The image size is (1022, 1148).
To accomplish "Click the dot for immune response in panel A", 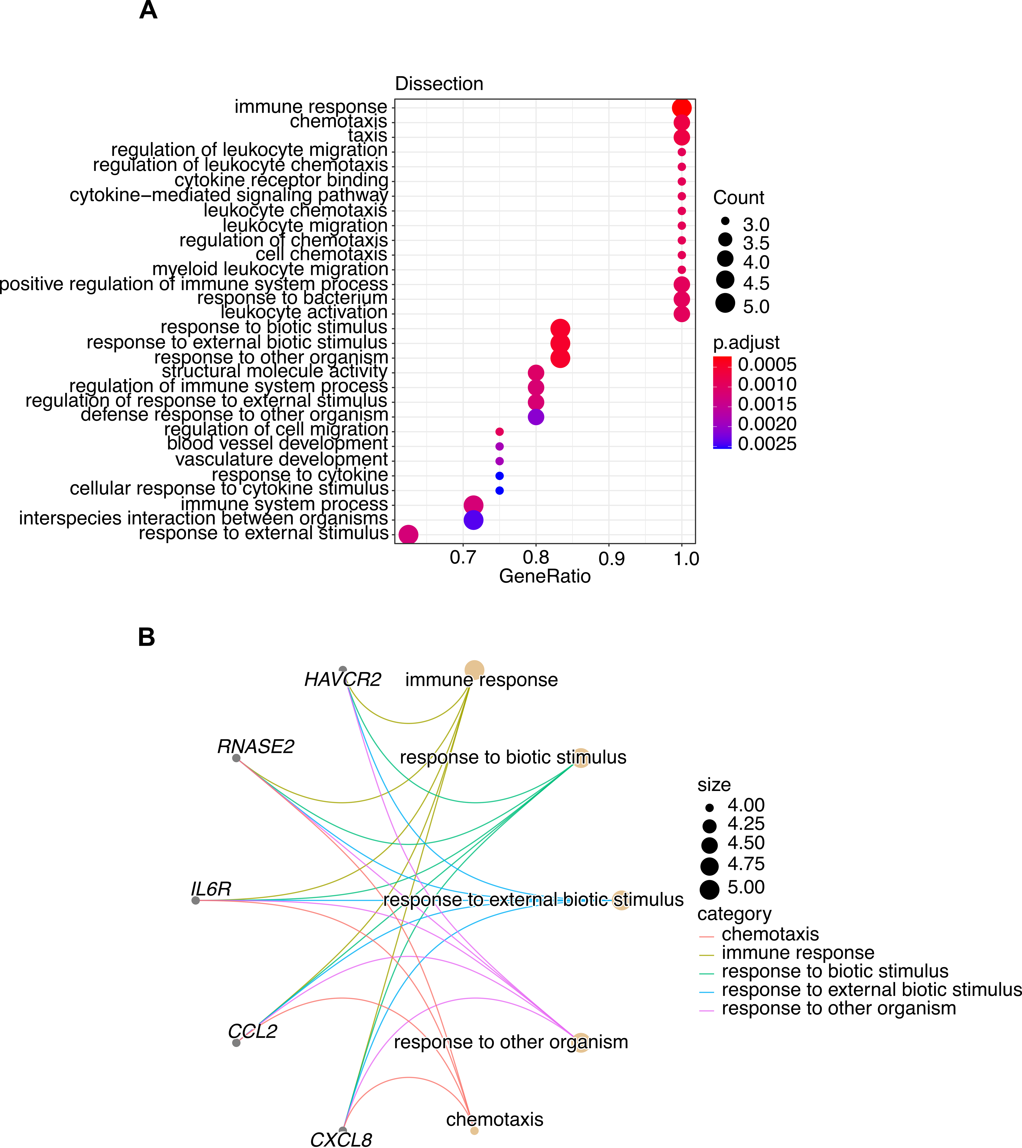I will [x=681, y=108].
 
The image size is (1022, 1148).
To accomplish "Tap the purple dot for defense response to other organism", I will [x=536, y=417].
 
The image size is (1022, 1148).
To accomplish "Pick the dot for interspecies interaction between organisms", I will [x=474, y=520].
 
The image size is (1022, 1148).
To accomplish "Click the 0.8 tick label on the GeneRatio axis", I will [x=536, y=558].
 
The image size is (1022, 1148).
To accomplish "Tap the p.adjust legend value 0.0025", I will [x=767, y=444].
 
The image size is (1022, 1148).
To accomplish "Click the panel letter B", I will [x=147, y=638].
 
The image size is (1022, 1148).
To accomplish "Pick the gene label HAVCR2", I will [x=343, y=680].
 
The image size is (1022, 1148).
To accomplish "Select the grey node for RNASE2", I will [x=236, y=758].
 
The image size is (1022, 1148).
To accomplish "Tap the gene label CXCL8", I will [x=341, y=1139].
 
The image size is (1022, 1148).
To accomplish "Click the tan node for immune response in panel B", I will [x=474, y=669].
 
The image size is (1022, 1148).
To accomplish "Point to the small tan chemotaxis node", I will [x=474, y=1131].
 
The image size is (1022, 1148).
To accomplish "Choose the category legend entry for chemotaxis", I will [x=770, y=934].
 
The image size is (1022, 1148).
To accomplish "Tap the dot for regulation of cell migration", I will [x=500, y=431].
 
